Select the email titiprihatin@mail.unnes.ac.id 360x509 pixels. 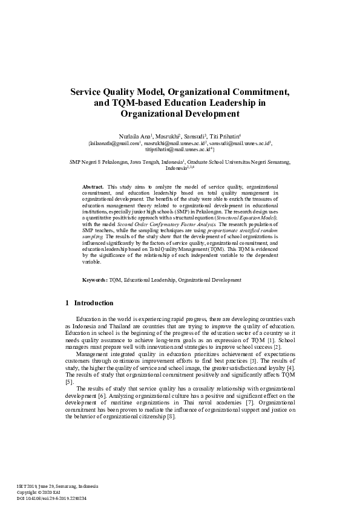click(x=175, y=150)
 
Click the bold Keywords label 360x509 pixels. click(x=95, y=280)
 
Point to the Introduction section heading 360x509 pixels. click(x=93, y=303)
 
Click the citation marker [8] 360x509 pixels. click(x=171, y=417)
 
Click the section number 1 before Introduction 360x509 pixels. click(x=67, y=303)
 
